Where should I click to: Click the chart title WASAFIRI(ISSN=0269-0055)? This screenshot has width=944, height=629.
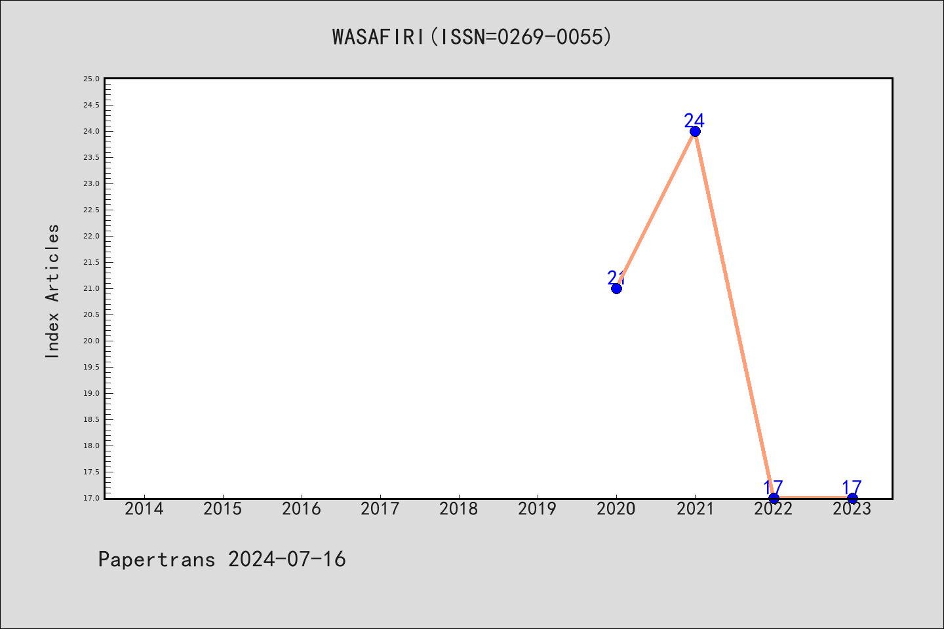471,37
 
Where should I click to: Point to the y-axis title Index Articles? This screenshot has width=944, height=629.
52,291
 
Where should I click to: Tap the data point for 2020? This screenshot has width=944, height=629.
616,288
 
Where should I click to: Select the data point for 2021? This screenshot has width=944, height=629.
695,132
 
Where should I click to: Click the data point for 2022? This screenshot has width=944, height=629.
774,499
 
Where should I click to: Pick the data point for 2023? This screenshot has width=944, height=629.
852,499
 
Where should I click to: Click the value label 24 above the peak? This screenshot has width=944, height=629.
694,121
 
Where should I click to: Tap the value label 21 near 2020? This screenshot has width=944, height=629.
616,278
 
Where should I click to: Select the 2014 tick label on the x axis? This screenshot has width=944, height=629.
144,509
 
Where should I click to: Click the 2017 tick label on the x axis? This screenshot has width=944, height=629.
380,509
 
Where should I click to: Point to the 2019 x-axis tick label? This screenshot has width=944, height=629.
538,509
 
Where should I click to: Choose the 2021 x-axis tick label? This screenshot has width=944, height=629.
695,509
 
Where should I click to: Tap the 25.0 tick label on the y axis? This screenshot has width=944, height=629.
92,79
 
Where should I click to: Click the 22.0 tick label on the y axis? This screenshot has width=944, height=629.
92,236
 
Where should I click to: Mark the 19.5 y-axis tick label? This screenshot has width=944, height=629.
92,367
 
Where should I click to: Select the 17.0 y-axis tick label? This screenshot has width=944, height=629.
92,498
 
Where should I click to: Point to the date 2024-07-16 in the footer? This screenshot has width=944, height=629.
287,560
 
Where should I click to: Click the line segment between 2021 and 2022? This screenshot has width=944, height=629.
734,314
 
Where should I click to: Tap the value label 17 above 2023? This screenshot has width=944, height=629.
852,487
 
